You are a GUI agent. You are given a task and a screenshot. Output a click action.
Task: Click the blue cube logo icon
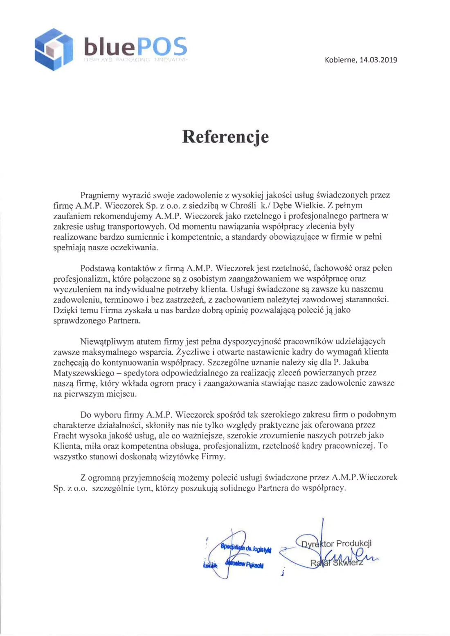54,49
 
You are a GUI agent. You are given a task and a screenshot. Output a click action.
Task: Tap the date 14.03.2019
378,60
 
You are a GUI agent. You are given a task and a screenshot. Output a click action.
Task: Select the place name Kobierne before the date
340,60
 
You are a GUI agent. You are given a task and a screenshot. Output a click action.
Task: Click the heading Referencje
225,137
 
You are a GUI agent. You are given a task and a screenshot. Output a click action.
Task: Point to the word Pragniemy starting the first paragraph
100,195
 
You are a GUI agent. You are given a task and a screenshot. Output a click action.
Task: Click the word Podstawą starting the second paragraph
98,268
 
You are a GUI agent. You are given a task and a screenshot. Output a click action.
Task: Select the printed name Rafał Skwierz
336,563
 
